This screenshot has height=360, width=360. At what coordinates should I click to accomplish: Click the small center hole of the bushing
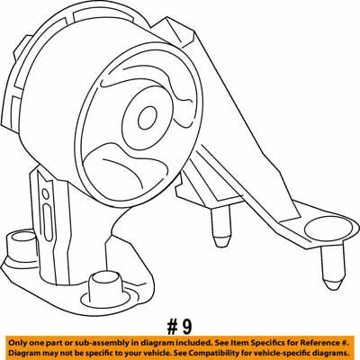click(x=148, y=118)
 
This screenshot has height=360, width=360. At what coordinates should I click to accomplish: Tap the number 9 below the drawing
click(x=186, y=327)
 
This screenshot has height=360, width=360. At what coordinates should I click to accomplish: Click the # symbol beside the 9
click(x=172, y=327)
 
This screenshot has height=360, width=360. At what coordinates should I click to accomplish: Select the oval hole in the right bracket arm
click(x=328, y=229)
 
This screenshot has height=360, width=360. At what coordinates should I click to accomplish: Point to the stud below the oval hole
click(x=333, y=267)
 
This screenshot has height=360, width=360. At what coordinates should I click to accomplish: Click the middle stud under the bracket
click(x=221, y=227)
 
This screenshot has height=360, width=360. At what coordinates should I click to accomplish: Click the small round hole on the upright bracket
click(x=46, y=193)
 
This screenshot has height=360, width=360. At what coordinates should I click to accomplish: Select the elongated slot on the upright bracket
click(x=48, y=222)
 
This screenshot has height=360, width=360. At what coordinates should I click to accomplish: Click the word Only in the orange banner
click(x=16, y=343)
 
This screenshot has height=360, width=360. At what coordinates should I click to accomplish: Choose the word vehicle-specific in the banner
click(x=283, y=352)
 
